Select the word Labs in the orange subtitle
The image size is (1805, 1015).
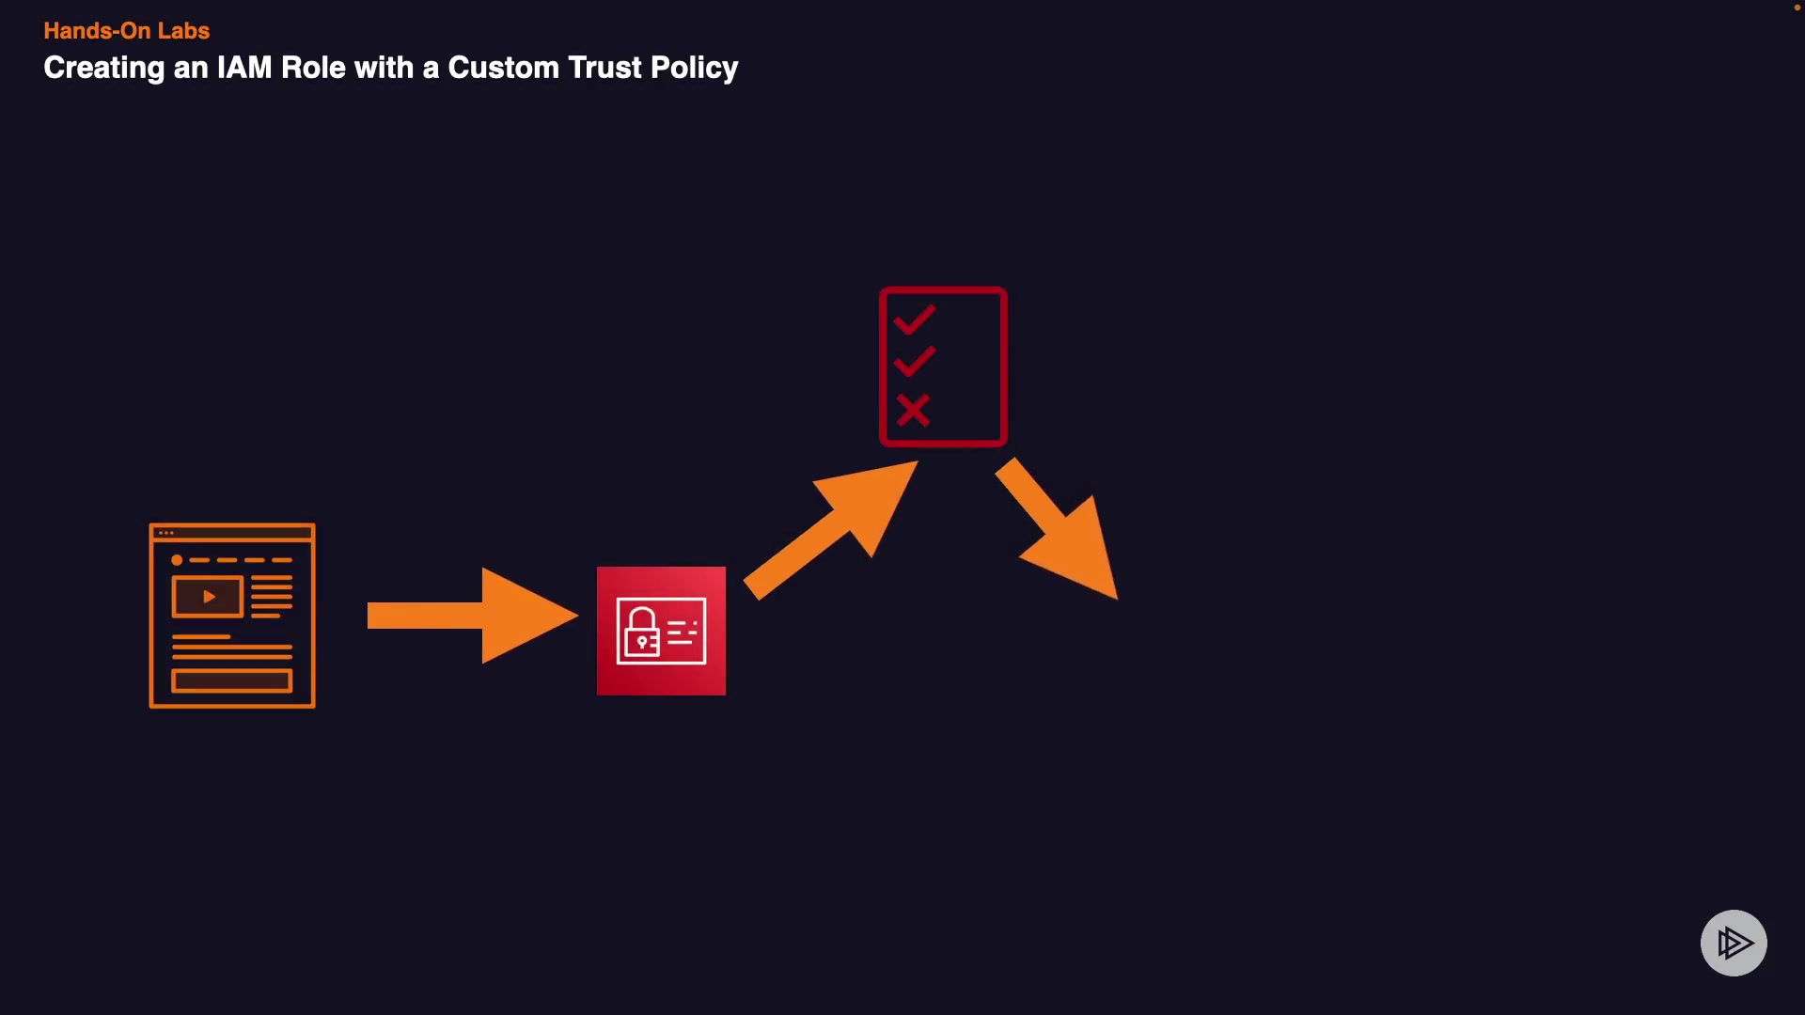[183, 31]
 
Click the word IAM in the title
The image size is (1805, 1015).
[244, 68]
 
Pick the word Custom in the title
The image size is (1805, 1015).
[503, 68]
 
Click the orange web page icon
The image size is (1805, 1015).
[232, 616]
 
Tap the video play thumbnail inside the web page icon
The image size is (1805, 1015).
[208, 597]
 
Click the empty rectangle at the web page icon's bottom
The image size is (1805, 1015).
[232, 680]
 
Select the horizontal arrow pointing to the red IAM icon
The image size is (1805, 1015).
[471, 616]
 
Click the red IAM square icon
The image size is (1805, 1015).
[661, 631]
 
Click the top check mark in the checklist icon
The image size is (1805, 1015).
[915, 320]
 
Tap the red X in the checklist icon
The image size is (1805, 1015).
[913, 410]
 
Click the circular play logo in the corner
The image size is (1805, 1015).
[1734, 943]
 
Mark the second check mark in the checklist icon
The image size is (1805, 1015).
[915, 361]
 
